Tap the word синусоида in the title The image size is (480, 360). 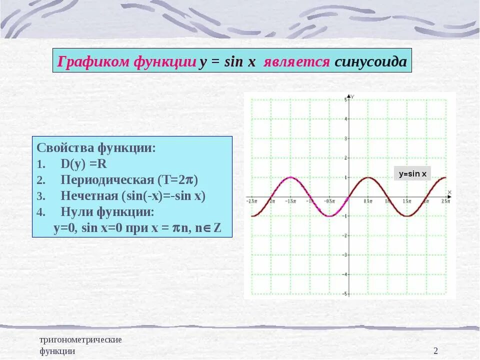click(x=370, y=61)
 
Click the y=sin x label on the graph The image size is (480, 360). click(x=412, y=174)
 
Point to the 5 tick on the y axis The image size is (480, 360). click(x=345, y=100)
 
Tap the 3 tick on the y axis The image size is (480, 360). click(x=345, y=139)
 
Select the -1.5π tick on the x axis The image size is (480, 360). click(x=290, y=201)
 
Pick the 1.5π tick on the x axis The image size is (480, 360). click(x=407, y=201)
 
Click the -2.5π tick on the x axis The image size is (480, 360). click(x=251, y=201)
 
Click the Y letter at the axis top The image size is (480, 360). click(x=353, y=96)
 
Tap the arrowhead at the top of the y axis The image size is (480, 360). click(x=348, y=95)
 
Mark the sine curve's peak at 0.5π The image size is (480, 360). click(x=368, y=177)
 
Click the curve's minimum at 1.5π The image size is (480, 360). click(x=407, y=216)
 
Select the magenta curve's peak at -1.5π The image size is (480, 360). click(x=290, y=177)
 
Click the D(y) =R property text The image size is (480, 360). click(x=84, y=164)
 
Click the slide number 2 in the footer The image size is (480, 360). click(x=435, y=351)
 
